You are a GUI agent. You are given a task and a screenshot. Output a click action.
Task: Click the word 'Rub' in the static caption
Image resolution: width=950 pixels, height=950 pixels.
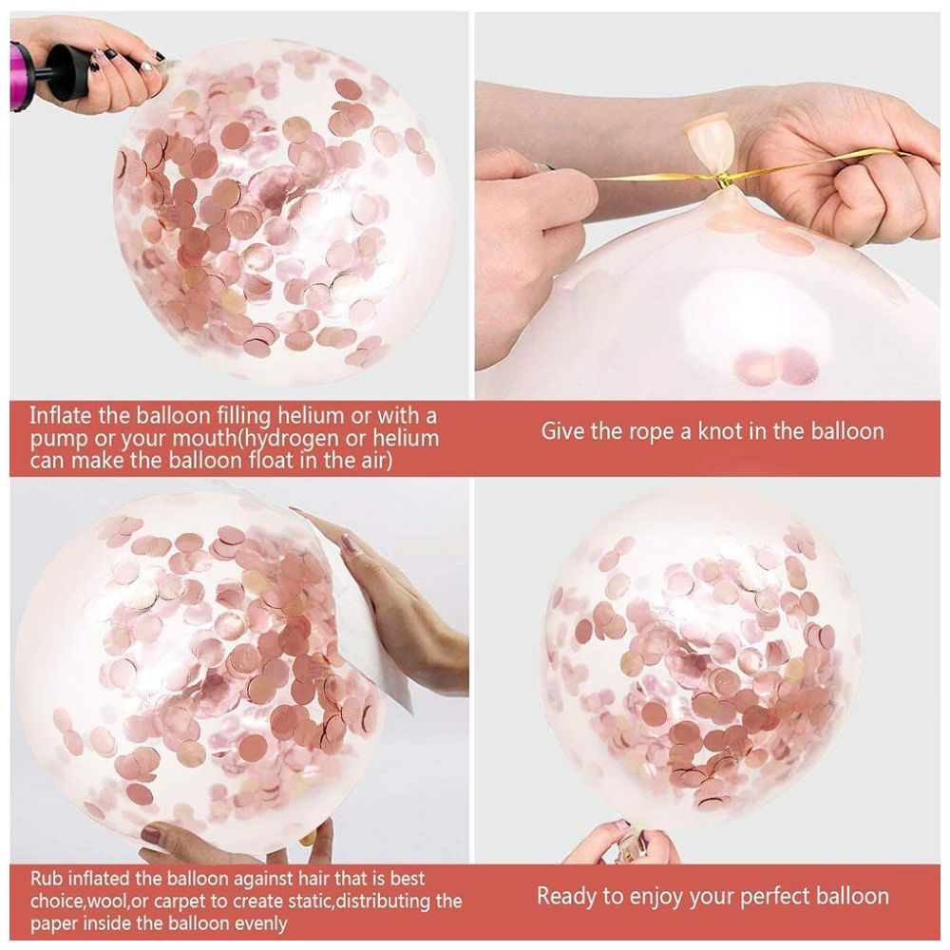click(x=46, y=879)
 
